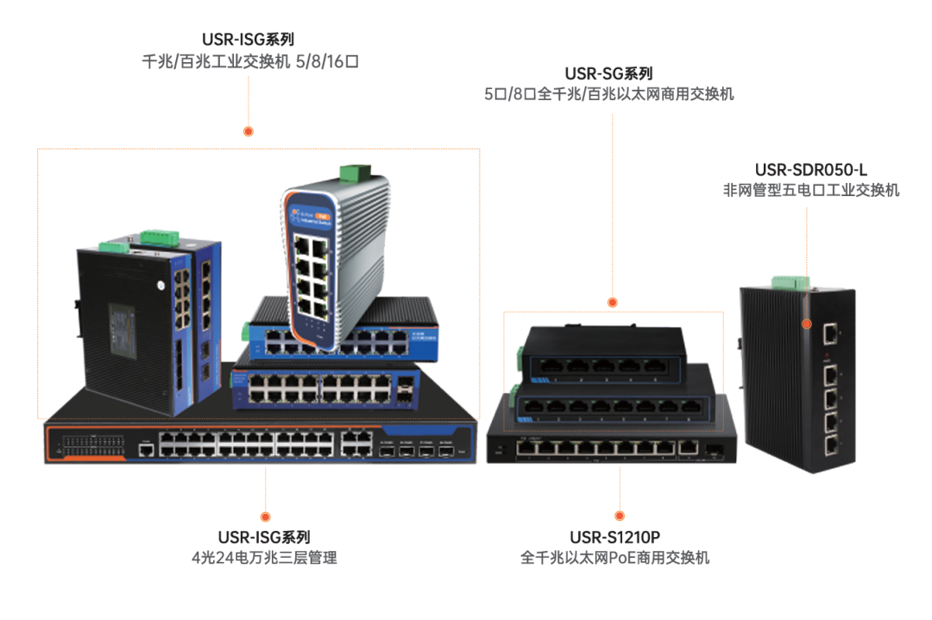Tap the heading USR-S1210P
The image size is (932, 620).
coord(614,538)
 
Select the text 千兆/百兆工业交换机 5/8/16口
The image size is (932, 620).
coord(249,61)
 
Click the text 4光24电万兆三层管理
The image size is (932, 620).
coord(264,558)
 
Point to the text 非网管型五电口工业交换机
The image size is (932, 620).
coord(810,190)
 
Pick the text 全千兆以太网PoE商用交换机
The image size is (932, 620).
coord(614,558)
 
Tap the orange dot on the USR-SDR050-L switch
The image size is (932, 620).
coord(806,325)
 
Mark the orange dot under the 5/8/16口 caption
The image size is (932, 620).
coord(249,131)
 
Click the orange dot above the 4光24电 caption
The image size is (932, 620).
coord(264,491)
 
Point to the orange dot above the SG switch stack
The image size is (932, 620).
coord(613,302)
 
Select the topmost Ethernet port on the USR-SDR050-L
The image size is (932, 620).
coord(830,332)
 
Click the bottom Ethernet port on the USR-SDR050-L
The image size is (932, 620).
coord(830,446)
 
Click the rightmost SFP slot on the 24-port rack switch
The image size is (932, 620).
coord(446,450)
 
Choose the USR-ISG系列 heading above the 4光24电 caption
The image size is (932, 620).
coord(264,538)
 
